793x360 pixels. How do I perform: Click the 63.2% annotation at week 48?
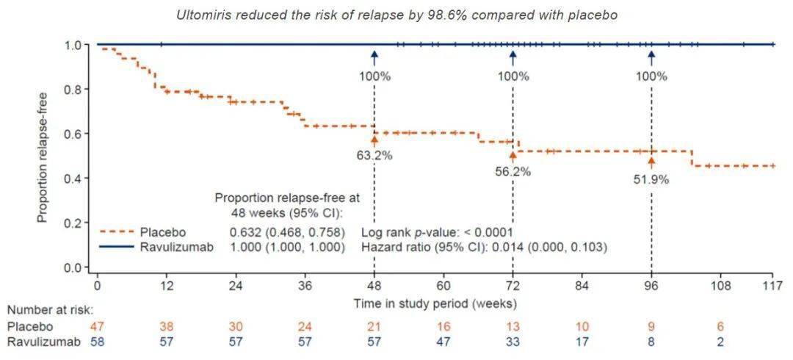374,155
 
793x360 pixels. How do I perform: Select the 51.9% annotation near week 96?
651,179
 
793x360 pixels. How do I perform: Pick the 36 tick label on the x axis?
305,285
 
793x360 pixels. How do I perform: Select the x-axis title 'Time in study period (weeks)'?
435,302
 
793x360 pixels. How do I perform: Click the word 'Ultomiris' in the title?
200,15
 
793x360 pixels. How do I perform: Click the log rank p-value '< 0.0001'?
486,232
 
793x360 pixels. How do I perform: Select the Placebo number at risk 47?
98,325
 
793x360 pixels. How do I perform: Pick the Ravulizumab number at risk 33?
513,341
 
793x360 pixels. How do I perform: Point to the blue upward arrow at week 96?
651,57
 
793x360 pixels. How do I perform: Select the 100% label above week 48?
374,76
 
